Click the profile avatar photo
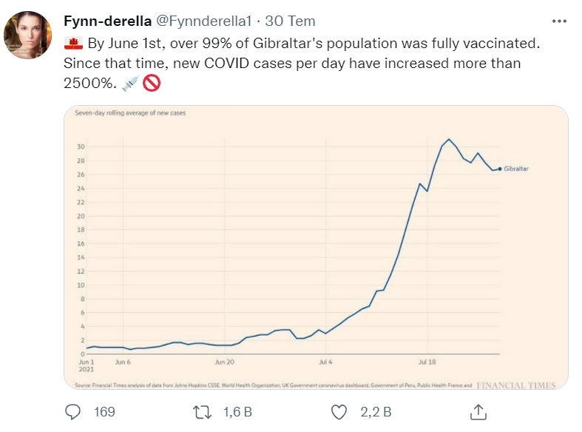point(28,35)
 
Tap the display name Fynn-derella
point(107,20)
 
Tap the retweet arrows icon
point(201,411)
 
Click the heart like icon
point(339,411)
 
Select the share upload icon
point(478,411)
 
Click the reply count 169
point(104,411)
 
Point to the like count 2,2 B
point(376,411)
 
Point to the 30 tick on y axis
point(81,146)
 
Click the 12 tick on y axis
point(81,271)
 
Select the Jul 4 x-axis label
point(325,362)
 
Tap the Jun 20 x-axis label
point(224,362)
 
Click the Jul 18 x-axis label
point(427,362)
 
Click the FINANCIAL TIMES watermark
point(515,385)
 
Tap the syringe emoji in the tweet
point(129,84)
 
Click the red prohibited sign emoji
point(151,84)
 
